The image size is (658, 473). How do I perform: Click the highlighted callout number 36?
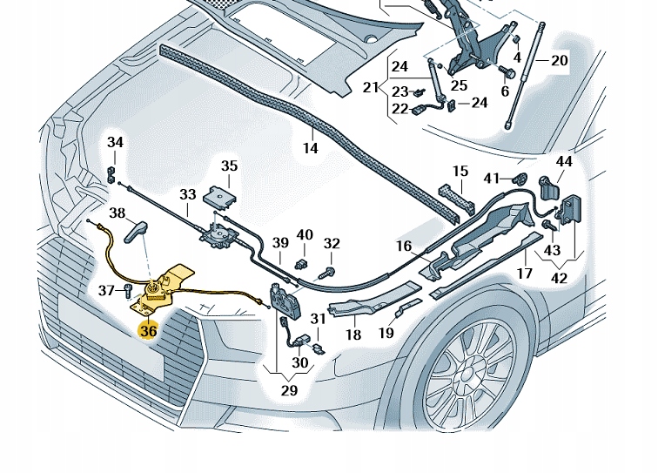(148, 331)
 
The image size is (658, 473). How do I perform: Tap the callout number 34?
(116, 143)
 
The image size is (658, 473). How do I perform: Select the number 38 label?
(117, 213)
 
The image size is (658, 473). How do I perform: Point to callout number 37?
(105, 290)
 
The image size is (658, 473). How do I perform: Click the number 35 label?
(228, 166)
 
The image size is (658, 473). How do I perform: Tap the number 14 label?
(311, 148)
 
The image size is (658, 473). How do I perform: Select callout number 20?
(559, 60)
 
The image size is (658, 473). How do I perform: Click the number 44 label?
(564, 161)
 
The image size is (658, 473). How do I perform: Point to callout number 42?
(559, 279)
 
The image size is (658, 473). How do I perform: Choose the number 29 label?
(289, 391)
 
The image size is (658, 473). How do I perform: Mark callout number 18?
(352, 334)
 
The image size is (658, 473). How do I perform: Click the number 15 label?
(460, 171)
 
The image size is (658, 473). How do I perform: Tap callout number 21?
(372, 87)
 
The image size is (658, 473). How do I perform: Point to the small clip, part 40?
(302, 260)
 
